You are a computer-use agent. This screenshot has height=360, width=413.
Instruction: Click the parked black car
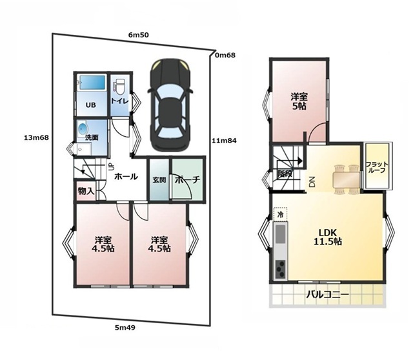[170, 105]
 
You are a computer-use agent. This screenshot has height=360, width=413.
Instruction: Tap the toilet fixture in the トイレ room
[119, 87]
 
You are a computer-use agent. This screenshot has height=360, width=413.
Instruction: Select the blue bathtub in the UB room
[92, 83]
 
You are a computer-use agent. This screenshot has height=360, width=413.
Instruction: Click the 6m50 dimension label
[139, 35]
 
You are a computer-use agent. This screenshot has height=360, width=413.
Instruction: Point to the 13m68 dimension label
[36, 137]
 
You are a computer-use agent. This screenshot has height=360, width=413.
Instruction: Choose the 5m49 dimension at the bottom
[125, 328]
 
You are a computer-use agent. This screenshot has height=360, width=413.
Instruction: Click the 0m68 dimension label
[225, 55]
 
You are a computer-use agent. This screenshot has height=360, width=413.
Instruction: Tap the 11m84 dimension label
[224, 141]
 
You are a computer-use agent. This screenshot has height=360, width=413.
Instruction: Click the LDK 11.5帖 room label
[328, 237]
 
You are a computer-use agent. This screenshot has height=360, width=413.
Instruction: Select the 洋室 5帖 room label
[299, 101]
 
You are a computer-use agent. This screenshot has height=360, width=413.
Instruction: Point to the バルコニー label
[327, 294]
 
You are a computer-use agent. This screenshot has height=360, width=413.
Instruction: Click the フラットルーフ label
[377, 167]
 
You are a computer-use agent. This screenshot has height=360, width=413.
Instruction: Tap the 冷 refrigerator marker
[281, 214]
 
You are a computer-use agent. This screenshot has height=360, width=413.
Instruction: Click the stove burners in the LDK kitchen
[280, 269]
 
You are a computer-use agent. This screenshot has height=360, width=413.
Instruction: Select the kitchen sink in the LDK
[280, 234]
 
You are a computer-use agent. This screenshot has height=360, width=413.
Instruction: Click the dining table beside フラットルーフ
[347, 180]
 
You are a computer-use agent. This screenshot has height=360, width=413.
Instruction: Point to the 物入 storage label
[86, 191]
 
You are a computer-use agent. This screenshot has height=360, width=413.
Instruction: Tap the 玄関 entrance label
[159, 180]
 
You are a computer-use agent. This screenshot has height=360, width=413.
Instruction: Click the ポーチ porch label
[188, 180]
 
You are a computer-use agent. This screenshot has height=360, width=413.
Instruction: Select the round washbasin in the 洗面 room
[83, 129]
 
